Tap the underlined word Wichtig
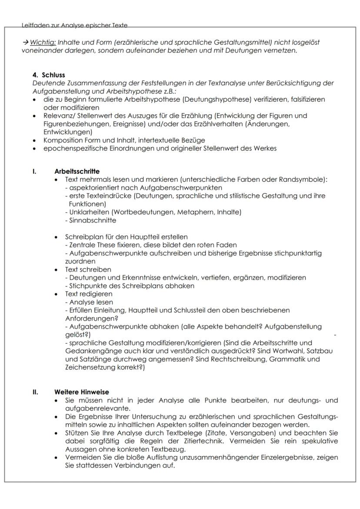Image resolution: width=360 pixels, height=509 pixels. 43,43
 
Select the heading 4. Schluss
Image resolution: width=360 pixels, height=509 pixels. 49,75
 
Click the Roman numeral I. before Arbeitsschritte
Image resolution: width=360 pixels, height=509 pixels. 34,172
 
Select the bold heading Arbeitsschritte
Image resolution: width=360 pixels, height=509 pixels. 77,172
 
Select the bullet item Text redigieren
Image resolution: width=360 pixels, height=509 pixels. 88,294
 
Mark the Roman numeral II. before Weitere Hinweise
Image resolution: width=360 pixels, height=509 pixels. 35,392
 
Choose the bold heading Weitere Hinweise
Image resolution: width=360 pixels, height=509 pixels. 81,392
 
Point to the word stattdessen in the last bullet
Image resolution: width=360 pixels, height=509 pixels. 93,466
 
